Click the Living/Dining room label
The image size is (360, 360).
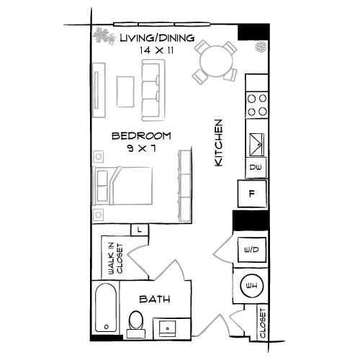coord(157,38)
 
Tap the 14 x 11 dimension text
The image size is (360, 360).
coord(156,50)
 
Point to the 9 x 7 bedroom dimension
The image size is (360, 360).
coord(142,148)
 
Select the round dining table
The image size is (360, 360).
coord(216,60)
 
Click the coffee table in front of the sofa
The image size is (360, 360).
coord(125,91)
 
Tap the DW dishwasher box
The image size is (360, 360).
coord(256,167)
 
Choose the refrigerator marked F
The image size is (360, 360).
coord(252,194)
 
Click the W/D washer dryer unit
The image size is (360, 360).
coord(251,250)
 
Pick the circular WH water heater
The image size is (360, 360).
coord(252,286)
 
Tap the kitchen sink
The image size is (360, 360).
coord(257,145)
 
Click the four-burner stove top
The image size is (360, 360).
coord(257,105)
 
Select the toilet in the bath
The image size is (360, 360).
coord(136,324)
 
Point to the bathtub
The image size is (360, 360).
coord(106,307)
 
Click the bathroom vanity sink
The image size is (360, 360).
coord(168,328)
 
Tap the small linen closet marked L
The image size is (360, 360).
coord(140,230)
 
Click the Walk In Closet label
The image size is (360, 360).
coord(115,258)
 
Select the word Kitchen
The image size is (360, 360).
coord(218,143)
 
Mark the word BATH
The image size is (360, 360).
coord(155,299)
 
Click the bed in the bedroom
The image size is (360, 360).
coord(122,186)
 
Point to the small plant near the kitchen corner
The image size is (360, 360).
coord(261,47)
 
